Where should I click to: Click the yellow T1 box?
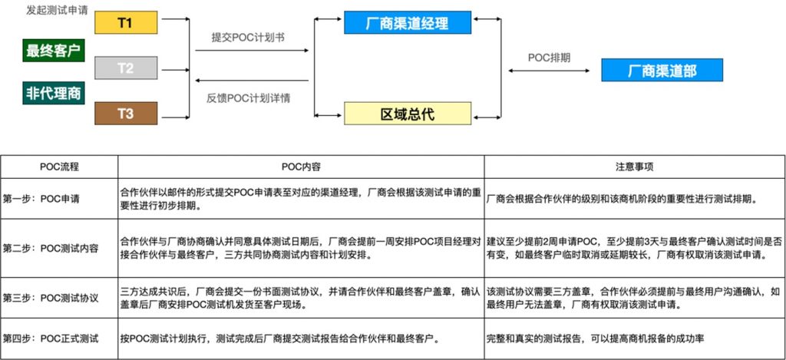pyautogui.click(x=126, y=22)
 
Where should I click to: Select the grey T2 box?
pyautogui.click(x=126, y=68)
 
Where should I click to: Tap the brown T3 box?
pyautogui.click(x=126, y=114)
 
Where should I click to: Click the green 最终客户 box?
pyautogui.click(x=54, y=51)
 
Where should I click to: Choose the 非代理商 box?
pyautogui.click(x=54, y=93)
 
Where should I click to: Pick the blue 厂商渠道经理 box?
pyautogui.click(x=408, y=22)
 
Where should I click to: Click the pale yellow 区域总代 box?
pyautogui.click(x=408, y=114)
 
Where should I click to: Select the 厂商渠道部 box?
pyautogui.click(x=662, y=70)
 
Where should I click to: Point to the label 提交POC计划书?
pyautogui.click(x=249, y=38)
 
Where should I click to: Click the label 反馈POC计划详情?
pyautogui.click(x=249, y=98)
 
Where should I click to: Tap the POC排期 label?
pyautogui.click(x=550, y=58)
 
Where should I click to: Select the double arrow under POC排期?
pyautogui.click(x=549, y=71)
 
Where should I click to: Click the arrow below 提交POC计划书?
pyautogui.click(x=252, y=51)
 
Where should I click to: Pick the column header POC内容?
pyautogui.click(x=301, y=167)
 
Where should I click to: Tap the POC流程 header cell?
pyautogui.click(x=60, y=167)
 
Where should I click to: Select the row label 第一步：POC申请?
pyautogui.click(x=41, y=199)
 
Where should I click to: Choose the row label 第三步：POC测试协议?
pyautogui.click(x=51, y=298)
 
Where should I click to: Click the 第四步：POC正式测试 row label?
pyautogui.click(x=51, y=339)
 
